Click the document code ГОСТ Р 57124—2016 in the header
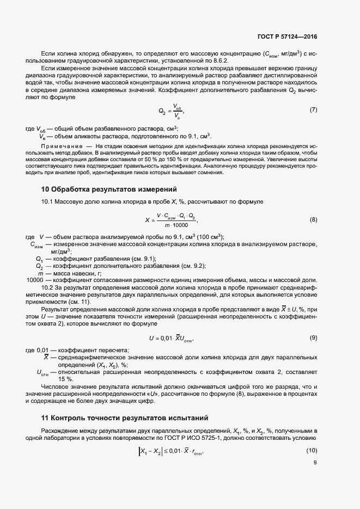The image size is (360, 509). (286, 37)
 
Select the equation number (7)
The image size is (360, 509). (313, 110)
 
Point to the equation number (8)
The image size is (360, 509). (313, 220)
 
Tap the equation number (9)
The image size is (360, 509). (313, 338)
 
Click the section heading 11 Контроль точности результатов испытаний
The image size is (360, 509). (125, 418)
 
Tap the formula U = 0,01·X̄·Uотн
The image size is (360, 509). (171, 339)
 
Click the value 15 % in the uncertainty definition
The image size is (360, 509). (65, 379)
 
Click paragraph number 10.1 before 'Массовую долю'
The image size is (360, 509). (48, 202)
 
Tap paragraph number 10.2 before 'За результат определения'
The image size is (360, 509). (48, 287)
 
